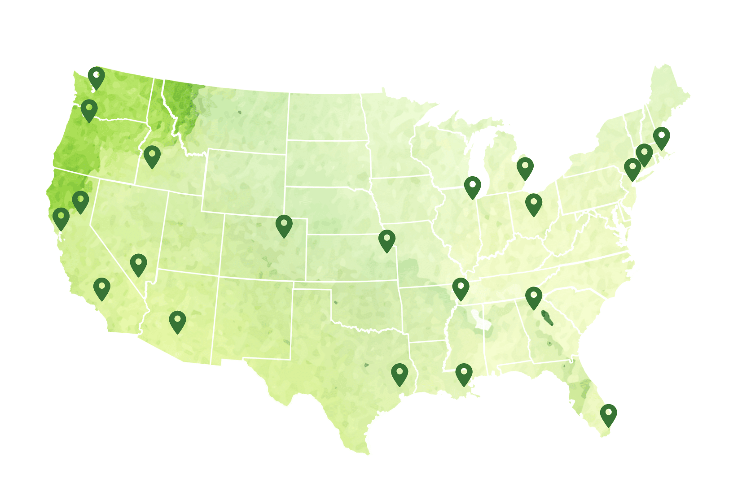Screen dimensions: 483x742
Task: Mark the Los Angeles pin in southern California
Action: pyautogui.click(x=102, y=287)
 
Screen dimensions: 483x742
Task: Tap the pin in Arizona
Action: pyautogui.click(x=177, y=321)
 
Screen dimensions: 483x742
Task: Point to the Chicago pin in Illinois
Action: pyautogui.click(x=472, y=186)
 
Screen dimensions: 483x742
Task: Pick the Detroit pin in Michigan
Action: pyautogui.click(x=525, y=167)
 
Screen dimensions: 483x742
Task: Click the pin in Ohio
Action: pyautogui.click(x=533, y=204)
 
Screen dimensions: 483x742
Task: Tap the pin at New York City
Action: pyautogui.click(x=632, y=168)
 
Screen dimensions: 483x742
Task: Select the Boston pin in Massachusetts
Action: pyautogui.click(x=661, y=137)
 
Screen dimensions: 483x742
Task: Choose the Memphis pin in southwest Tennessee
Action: pyautogui.click(x=461, y=287)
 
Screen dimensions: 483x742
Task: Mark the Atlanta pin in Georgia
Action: pyautogui.click(x=533, y=297)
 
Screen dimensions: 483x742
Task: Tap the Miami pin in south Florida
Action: pyautogui.click(x=608, y=414)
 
